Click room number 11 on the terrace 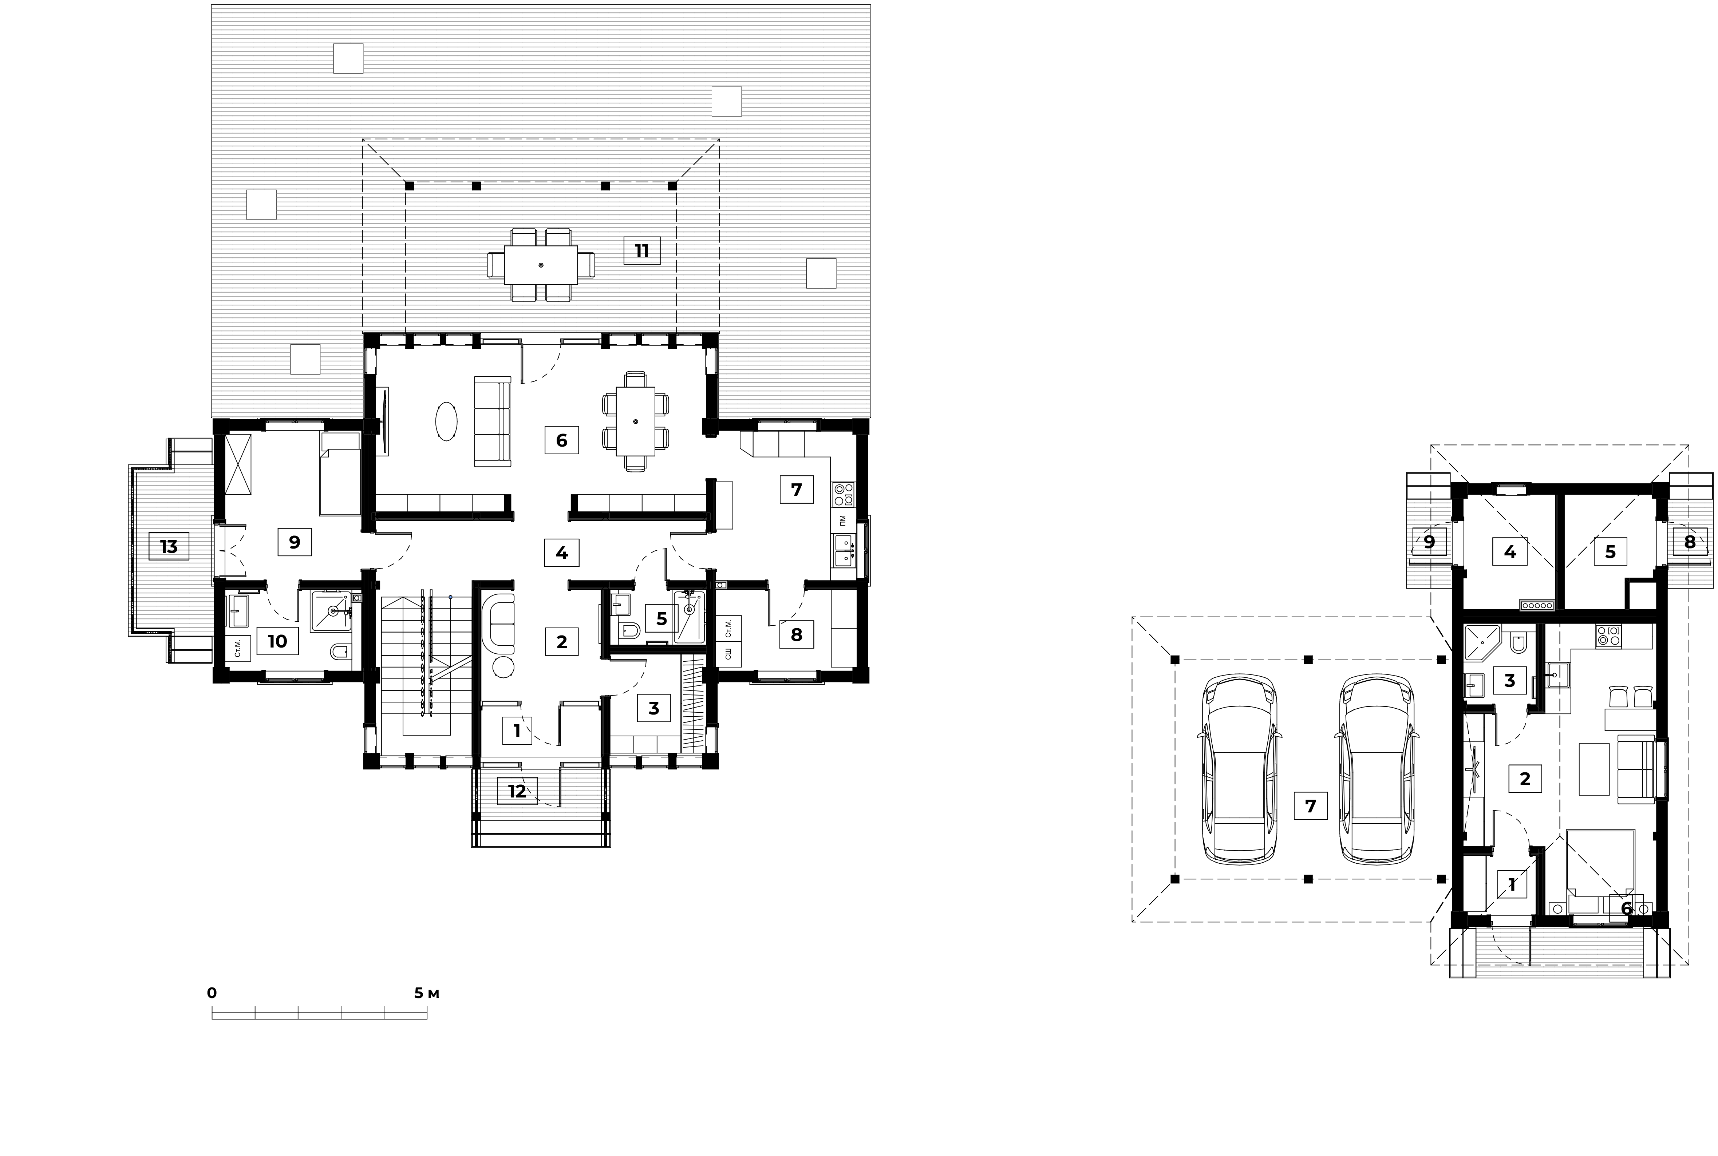pyautogui.click(x=641, y=251)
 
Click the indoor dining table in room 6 pyautogui.click(x=636, y=421)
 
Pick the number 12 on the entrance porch pyautogui.click(x=517, y=791)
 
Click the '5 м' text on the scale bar pyautogui.click(x=426, y=993)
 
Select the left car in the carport pyautogui.click(x=1241, y=769)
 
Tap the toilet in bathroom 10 pyautogui.click(x=340, y=652)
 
